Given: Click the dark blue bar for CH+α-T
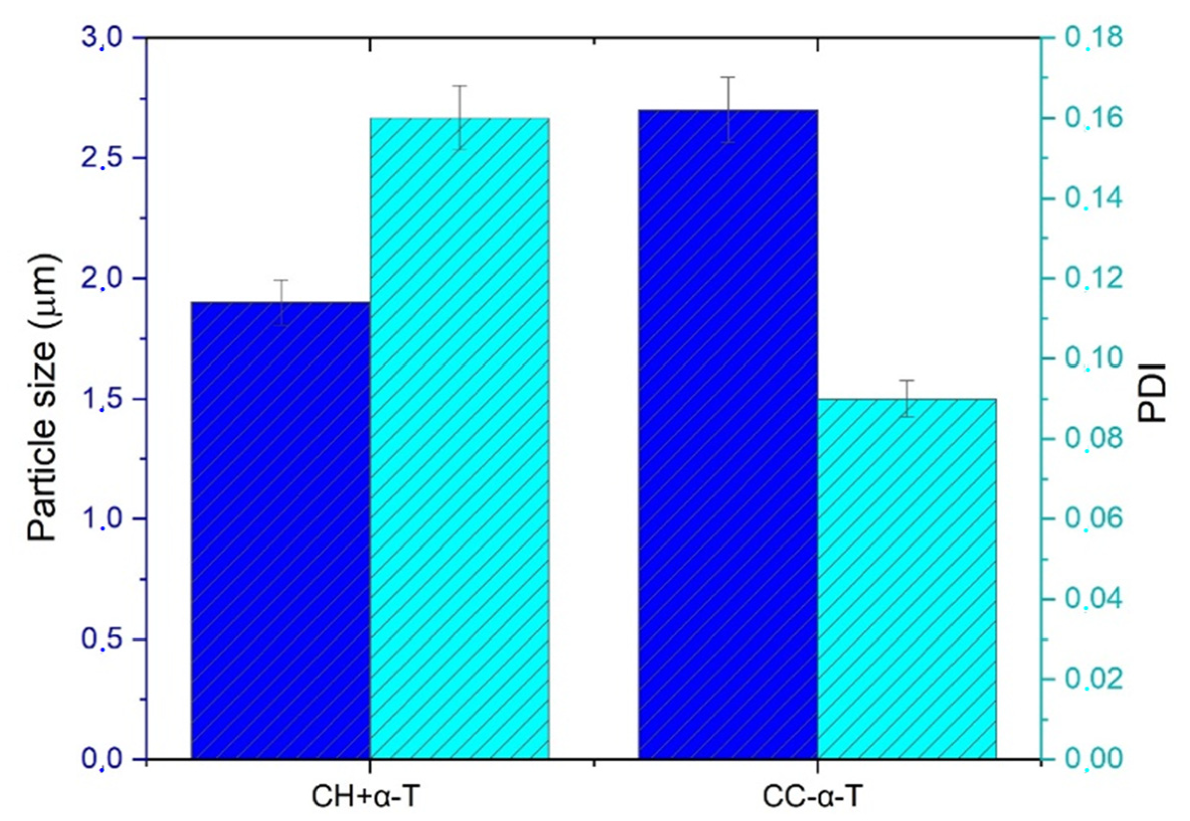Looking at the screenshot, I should click(x=281, y=530).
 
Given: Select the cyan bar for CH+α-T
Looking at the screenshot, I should click(x=459, y=437).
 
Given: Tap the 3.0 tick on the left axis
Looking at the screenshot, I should click(x=103, y=39).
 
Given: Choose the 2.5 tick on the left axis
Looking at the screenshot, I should click(x=103, y=159).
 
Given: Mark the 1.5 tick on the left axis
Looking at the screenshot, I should click(x=103, y=399).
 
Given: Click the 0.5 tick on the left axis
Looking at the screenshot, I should click(x=103, y=640).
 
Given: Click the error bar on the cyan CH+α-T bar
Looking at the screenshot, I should click(x=459, y=118).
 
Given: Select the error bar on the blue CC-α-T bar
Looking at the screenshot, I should click(x=728, y=110).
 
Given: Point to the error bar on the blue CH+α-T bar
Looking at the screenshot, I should click(x=281, y=303).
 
